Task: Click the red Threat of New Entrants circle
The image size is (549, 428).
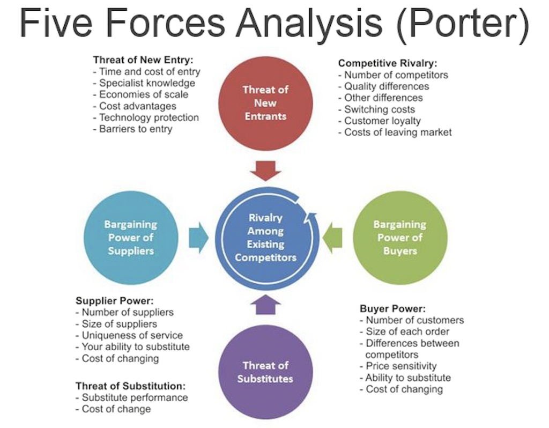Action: point(265,103)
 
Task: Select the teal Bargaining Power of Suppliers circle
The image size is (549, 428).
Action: point(131,238)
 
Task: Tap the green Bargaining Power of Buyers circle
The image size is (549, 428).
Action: point(400,238)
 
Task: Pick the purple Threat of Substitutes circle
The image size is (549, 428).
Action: point(265,372)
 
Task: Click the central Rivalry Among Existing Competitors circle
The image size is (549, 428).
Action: point(265,238)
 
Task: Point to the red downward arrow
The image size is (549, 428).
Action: point(265,171)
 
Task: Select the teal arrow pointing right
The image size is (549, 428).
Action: point(198,238)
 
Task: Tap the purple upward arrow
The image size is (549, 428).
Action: point(265,305)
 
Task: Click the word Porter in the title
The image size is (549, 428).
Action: point(461,25)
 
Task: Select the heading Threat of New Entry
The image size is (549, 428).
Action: point(143,60)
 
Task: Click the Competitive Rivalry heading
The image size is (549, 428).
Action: point(388,63)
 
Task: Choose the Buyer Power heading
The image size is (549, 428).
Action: point(392,309)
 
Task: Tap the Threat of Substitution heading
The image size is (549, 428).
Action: point(131,386)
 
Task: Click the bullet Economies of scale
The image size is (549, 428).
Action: point(144,94)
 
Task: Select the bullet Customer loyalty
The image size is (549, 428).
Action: point(382,121)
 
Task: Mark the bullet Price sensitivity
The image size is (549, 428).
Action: point(401,366)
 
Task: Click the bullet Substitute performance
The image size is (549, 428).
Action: point(135,397)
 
